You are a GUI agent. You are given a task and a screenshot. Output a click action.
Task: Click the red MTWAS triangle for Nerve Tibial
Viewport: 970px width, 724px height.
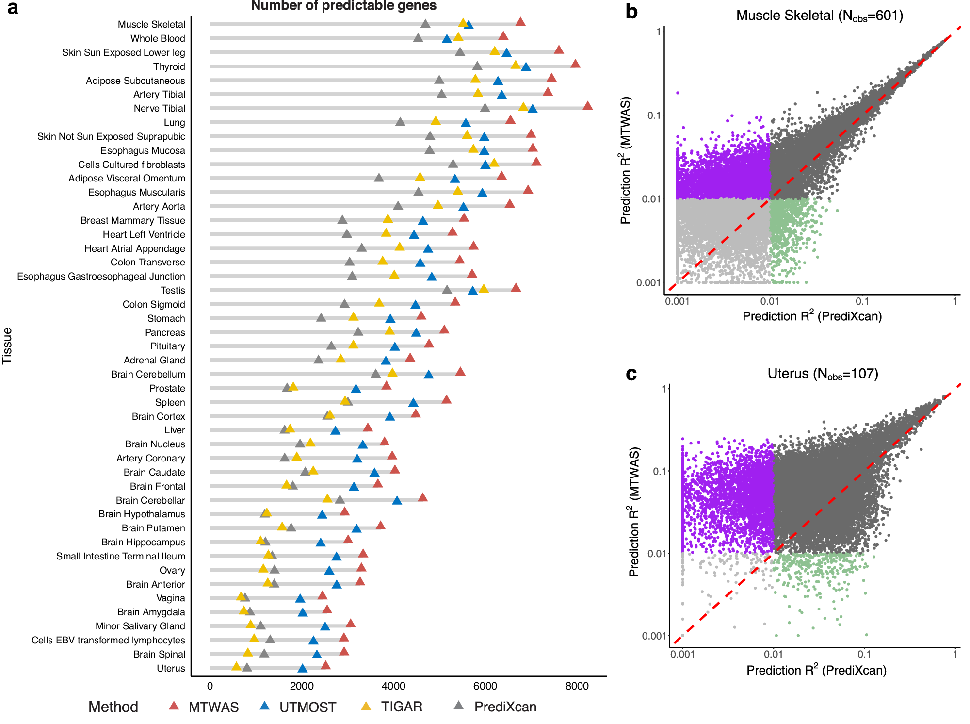[587, 106]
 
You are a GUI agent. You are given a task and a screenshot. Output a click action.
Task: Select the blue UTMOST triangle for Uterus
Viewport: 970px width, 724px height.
[302, 669]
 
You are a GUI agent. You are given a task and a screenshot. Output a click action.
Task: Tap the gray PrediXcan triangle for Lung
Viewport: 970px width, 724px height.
[400, 122]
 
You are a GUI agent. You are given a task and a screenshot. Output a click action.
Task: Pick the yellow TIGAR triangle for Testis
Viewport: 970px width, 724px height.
[484, 289]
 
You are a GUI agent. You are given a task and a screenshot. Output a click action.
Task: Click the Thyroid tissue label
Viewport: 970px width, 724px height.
[169, 66]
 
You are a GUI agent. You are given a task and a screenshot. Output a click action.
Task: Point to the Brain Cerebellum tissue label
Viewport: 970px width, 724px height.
[148, 374]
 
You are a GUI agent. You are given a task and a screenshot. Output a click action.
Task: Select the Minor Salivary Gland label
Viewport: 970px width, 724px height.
[140, 626]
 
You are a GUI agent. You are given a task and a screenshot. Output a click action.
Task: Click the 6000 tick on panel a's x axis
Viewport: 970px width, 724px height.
[485, 686]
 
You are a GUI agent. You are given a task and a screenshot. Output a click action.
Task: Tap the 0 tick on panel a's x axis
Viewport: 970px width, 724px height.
[210, 686]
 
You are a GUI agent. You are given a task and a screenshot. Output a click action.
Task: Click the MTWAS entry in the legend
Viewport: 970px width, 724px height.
[213, 707]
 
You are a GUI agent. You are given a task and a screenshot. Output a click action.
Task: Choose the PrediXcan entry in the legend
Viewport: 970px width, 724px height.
[505, 707]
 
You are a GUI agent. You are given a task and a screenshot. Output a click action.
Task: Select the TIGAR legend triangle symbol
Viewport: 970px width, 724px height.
[366, 706]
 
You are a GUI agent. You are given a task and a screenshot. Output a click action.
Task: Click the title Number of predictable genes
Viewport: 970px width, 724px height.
[343, 6]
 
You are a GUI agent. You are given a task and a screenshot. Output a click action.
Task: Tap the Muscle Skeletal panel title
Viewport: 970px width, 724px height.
[819, 16]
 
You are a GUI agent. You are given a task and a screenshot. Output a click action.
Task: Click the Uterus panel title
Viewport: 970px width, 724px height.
[823, 374]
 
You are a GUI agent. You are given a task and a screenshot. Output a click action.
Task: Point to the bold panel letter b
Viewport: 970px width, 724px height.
[631, 12]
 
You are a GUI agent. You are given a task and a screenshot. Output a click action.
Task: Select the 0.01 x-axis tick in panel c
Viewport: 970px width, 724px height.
[773, 654]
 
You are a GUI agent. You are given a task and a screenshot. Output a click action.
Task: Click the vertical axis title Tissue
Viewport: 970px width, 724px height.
[7, 346]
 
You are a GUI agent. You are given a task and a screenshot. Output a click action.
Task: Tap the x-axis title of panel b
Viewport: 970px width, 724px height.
[812, 316]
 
